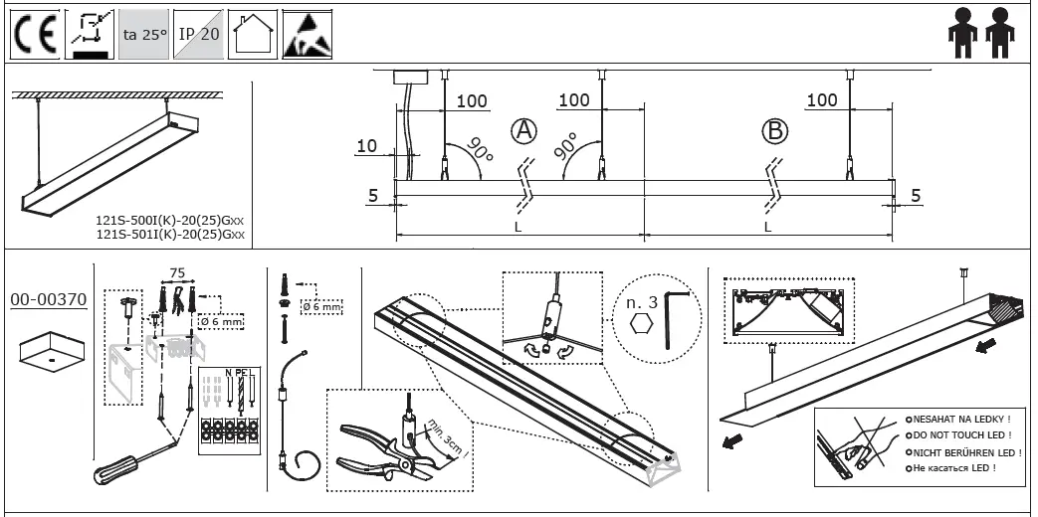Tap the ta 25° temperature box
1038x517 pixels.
pos(143,35)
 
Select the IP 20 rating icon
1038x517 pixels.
pos(198,35)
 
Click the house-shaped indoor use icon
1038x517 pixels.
pos(252,35)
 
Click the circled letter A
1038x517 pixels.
pos(523,130)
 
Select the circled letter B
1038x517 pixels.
pos(774,130)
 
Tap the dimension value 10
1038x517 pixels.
pos(367,147)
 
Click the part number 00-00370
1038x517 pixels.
pos(49,298)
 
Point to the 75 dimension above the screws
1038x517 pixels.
pos(177,273)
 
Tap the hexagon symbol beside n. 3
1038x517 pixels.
pos(641,326)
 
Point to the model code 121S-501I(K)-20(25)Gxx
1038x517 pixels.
pos(169,237)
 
